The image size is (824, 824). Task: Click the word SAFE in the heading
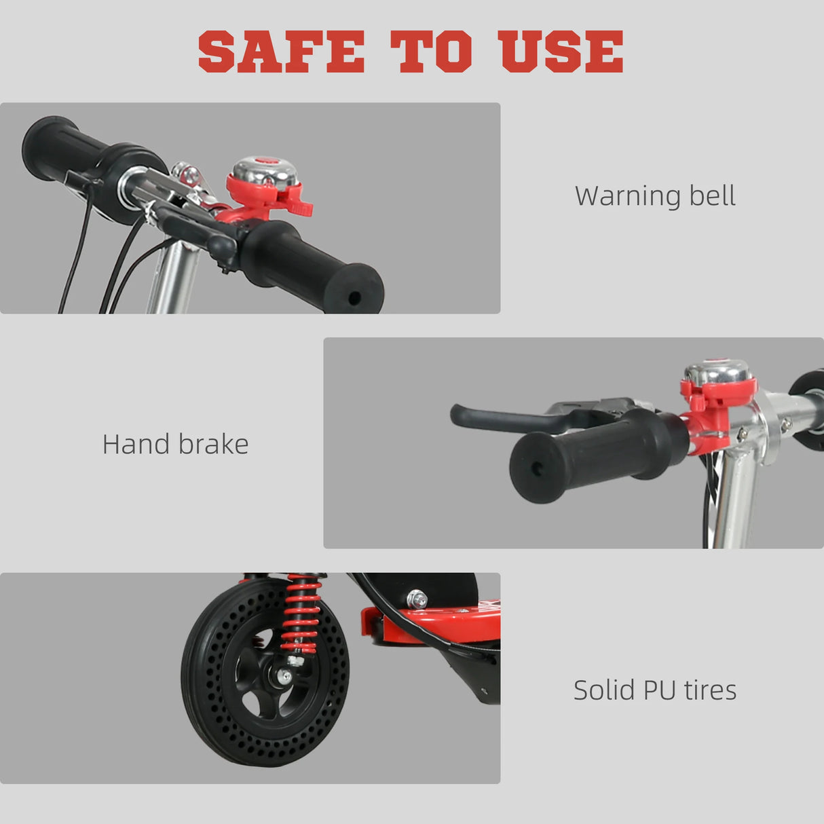coord(281,52)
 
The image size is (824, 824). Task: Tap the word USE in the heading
coord(561,52)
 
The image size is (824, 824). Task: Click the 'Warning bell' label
coord(655,196)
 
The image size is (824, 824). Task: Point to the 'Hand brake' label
coord(175,445)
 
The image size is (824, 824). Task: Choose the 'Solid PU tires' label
coord(655,690)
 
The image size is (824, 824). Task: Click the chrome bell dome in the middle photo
coord(716,372)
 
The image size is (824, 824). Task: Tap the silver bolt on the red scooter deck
coord(417,599)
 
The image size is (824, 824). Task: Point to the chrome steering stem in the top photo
coord(173,278)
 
